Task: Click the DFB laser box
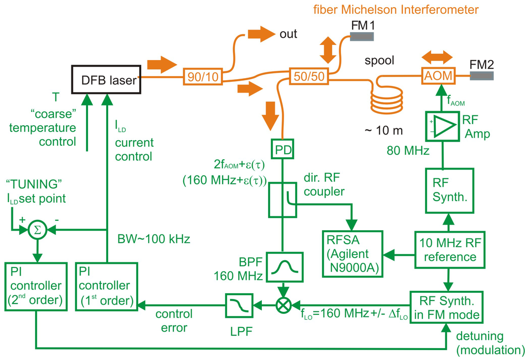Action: click(x=107, y=80)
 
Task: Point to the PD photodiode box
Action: click(x=282, y=149)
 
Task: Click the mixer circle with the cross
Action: click(x=283, y=305)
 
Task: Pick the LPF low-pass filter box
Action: click(x=239, y=306)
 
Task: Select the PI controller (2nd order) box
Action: click(x=36, y=286)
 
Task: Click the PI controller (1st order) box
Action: click(x=107, y=286)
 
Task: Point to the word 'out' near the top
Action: click(x=288, y=34)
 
